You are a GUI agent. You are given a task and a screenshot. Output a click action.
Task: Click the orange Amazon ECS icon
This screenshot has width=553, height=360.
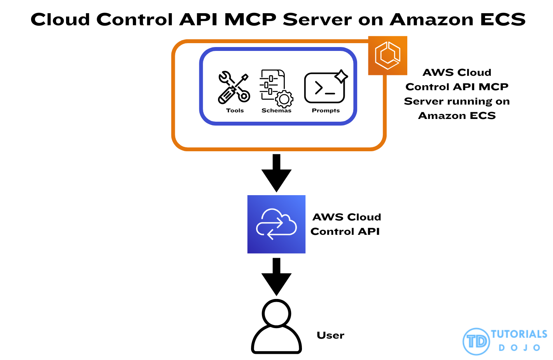coord(387,56)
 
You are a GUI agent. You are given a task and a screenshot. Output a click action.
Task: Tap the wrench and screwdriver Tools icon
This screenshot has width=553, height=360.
coord(234,88)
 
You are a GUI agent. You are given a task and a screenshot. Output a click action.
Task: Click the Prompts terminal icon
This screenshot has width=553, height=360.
coord(324,88)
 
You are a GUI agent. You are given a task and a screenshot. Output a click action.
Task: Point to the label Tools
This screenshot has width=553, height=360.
coord(235,110)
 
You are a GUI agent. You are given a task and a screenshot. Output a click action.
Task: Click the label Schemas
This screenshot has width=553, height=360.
coord(276,110)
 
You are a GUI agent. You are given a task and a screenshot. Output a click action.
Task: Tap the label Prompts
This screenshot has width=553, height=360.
coord(326,110)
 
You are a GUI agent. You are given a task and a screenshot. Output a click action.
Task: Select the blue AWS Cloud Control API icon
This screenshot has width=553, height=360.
coord(276,224)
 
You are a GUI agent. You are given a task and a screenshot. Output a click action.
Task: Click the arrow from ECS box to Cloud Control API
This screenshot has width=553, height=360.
coord(276,173)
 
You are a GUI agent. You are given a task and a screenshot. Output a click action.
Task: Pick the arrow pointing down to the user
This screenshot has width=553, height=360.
coord(276,276)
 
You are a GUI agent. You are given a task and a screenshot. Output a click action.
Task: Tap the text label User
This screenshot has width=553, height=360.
coord(330,335)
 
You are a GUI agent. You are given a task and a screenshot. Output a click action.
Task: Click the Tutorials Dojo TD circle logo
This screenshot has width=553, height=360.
coord(476,341)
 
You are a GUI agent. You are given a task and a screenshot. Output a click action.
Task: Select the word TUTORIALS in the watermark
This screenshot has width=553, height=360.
coord(519,334)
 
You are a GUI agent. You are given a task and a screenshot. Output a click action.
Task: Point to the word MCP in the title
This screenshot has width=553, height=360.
coord(250,19)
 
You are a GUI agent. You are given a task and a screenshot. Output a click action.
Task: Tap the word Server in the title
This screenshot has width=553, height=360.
coord(317,19)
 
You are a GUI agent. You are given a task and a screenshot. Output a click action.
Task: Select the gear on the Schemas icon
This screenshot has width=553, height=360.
coord(284,100)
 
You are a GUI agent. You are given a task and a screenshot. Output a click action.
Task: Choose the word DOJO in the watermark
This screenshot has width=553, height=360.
coord(520,348)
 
